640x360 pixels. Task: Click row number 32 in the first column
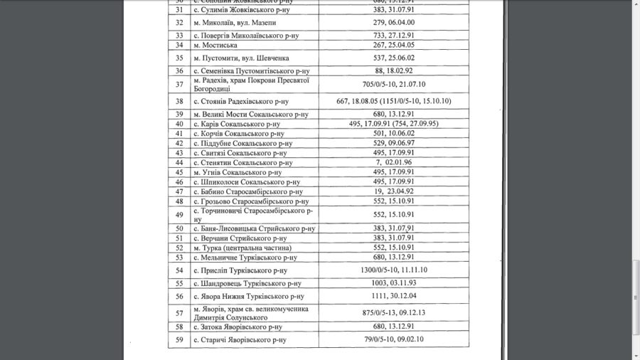(x=179, y=22)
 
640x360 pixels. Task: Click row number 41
(x=179, y=133)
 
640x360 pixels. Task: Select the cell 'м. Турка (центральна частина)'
(x=241, y=248)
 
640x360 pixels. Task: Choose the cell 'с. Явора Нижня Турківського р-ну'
(x=249, y=297)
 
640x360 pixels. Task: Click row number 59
(x=179, y=340)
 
